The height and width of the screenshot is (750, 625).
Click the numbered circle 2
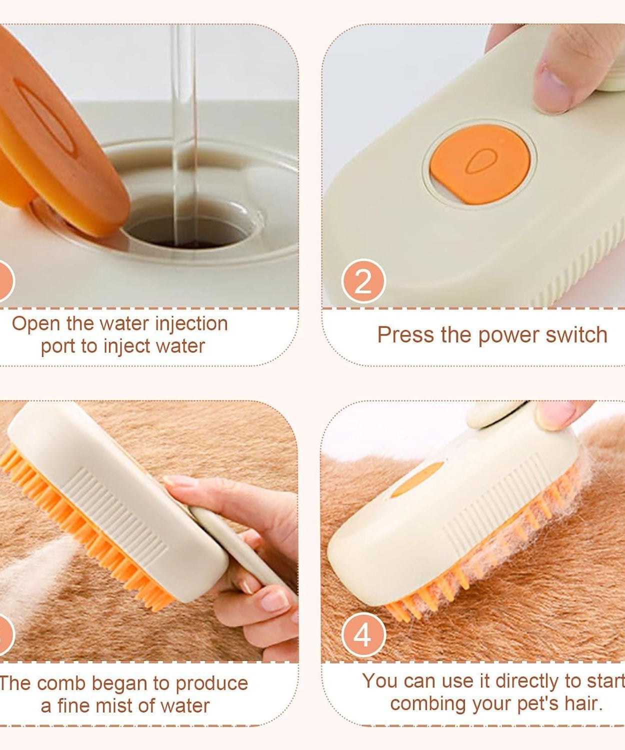[x=363, y=281]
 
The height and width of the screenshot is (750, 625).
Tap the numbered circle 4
[x=363, y=634]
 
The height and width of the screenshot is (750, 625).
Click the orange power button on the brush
[x=479, y=163]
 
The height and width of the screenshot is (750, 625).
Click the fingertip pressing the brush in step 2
[x=552, y=90]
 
